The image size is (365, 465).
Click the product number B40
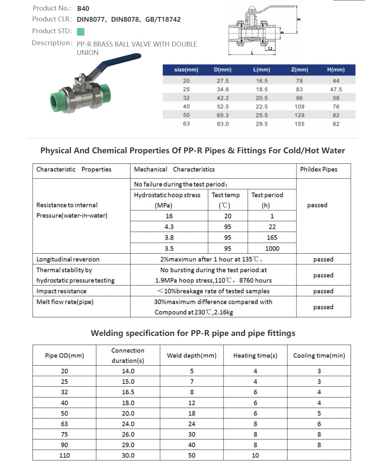click(83, 9)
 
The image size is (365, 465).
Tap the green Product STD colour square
click(80, 32)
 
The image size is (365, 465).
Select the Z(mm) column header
click(300, 70)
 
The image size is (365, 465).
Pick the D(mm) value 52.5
click(223, 107)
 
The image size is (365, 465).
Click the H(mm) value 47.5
click(336, 90)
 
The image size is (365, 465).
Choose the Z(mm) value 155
click(300, 124)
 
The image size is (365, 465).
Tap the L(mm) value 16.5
click(262, 81)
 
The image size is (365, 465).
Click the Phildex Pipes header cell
click(319, 169)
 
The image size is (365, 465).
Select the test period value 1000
click(272, 248)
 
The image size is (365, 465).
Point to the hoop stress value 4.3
click(169, 227)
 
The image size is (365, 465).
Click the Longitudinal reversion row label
click(68, 259)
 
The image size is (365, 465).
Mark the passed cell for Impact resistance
click(323, 291)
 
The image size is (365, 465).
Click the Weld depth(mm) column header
click(192, 355)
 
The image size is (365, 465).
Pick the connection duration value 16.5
click(128, 392)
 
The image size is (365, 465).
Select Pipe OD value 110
click(65, 455)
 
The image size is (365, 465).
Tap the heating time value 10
click(255, 455)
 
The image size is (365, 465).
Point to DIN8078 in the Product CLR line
click(125, 20)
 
